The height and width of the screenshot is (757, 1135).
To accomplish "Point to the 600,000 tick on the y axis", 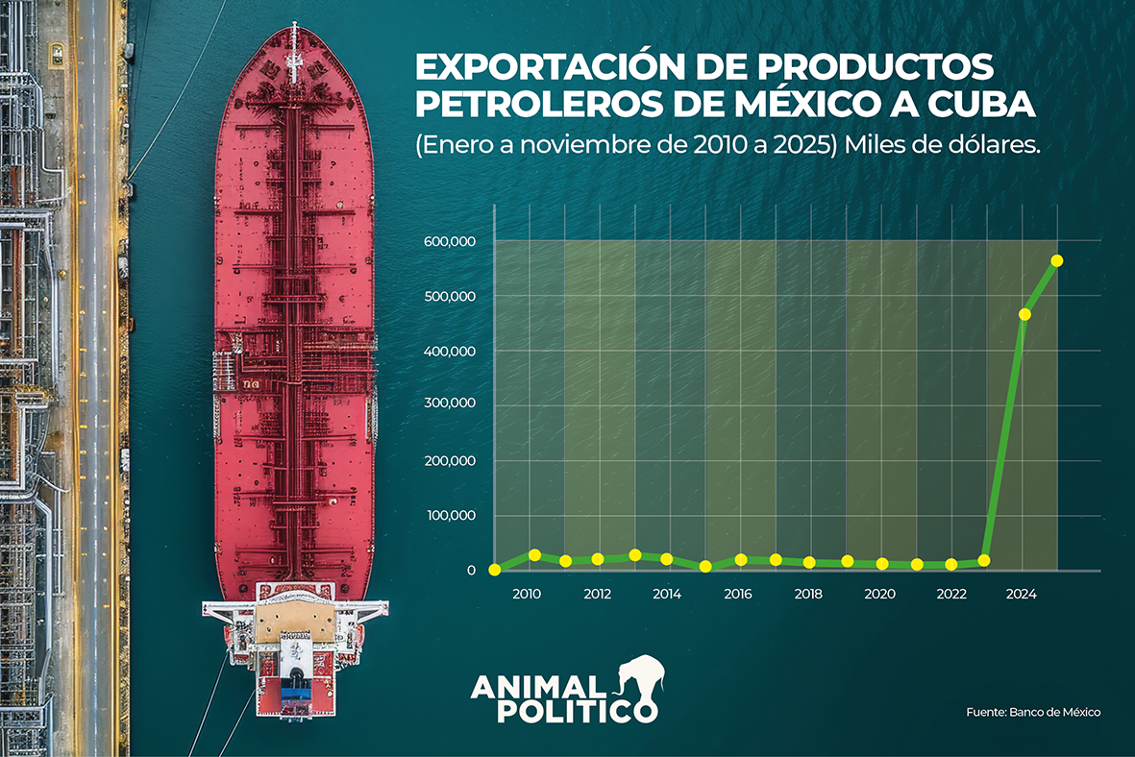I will pos(451,241).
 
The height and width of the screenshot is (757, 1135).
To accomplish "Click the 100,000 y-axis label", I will pos(451,516).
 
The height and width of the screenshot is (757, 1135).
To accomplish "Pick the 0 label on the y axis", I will pos(471,572).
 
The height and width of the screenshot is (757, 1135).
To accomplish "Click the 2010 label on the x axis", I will pos(527,595).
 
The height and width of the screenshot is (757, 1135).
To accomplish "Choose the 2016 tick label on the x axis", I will pos(738,595).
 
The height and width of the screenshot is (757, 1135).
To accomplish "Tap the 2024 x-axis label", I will pos(1021,595).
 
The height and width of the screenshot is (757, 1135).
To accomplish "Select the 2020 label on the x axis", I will pos(879,595).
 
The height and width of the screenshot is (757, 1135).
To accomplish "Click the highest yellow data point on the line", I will pos(1056,260).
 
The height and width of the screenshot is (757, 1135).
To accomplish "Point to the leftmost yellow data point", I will pos(494,570).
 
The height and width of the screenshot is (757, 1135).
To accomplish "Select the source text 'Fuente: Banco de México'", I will pos(1033,712).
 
